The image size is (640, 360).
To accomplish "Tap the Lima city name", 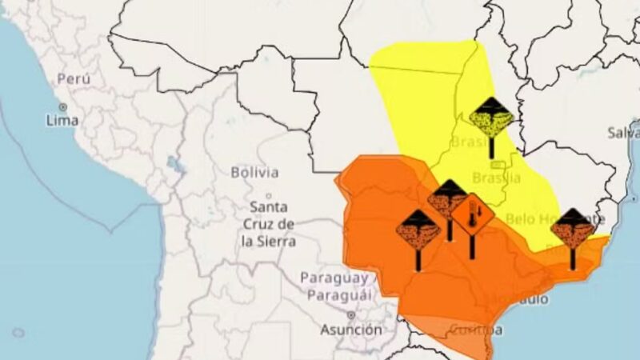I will pos(62,121).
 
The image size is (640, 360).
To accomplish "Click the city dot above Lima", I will pos(62,106).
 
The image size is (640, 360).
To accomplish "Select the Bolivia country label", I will pos(254,172).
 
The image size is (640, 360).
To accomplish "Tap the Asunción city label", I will pos(351,330).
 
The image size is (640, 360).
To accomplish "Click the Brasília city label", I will pos(496,178).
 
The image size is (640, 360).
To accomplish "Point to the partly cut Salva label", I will pos(623,132).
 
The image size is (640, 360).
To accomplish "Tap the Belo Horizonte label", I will pos(552,218).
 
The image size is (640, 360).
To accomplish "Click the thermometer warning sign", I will pos(472,214).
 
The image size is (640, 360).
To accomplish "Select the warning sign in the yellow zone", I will pos(491,118).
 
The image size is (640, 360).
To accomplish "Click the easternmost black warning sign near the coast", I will pos(573,229).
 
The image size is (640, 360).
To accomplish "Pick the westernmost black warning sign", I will pos(418,230).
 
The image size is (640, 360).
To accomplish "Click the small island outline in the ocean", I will pos(18,332).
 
